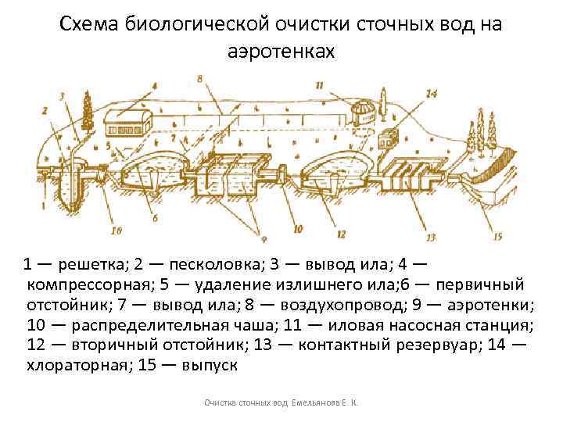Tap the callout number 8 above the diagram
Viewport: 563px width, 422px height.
[200, 79]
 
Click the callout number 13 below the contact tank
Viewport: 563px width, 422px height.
[431, 236]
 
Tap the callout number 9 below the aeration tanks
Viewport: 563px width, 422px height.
[264, 238]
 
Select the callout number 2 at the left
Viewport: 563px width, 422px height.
[45, 112]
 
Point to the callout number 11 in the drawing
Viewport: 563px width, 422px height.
[319, 84]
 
